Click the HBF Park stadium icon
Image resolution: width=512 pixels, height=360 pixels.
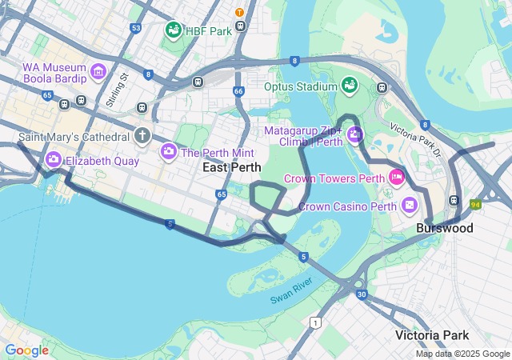174,30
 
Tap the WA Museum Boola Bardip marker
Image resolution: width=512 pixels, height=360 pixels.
98,72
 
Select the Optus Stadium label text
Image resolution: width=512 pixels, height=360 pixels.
300,86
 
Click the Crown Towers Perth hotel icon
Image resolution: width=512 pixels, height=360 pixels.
395,176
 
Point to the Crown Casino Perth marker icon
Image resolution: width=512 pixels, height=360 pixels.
410,206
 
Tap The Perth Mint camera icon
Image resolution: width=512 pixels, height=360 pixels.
169,151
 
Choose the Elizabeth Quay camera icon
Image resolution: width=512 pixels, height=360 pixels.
54,159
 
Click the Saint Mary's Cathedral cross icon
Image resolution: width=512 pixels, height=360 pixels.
142,135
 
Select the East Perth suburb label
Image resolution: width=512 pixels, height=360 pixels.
231,168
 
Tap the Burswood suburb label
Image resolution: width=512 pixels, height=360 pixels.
444,228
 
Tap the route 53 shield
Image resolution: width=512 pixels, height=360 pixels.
136,28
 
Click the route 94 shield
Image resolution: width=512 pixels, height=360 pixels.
475,205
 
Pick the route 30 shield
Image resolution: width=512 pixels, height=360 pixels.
362,295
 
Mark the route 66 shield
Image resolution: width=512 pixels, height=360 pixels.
238,92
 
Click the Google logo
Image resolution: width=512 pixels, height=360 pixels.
26,350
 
